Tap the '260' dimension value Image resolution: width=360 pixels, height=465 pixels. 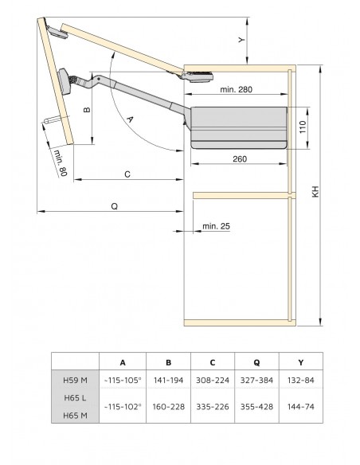pyautogui.click(x=241, y=159)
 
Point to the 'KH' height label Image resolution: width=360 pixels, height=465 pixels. pyautogui.click(x=315, y=193)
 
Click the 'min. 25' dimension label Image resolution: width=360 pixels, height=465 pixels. pyautogui.click(x=216, y=226)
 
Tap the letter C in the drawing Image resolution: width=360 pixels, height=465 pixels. pyautogui.click(x=127, y=173)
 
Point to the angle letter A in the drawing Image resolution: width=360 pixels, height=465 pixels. pyautogui.click(x=130, y=117)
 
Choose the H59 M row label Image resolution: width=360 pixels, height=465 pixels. pyautogui.click(x=76, y=381)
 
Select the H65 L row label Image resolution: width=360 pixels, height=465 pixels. pyautogui.click(x=76, y=396)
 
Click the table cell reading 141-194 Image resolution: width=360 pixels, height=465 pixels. pyautogui.click(x=168, y=381)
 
